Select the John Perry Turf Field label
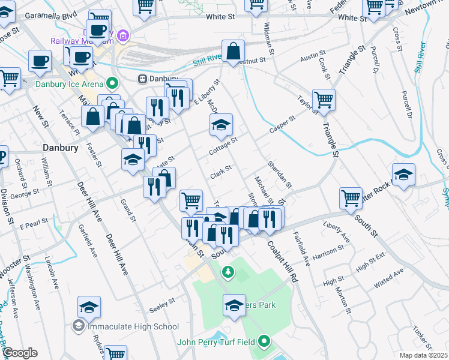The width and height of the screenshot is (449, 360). click(217, 343)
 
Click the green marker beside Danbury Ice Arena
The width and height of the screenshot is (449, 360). click(112, 83)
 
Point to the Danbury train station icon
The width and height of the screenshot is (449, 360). click(143, 79)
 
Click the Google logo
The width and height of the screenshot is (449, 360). click(20, 353)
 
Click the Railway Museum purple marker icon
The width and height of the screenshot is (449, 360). click(124, 35)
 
